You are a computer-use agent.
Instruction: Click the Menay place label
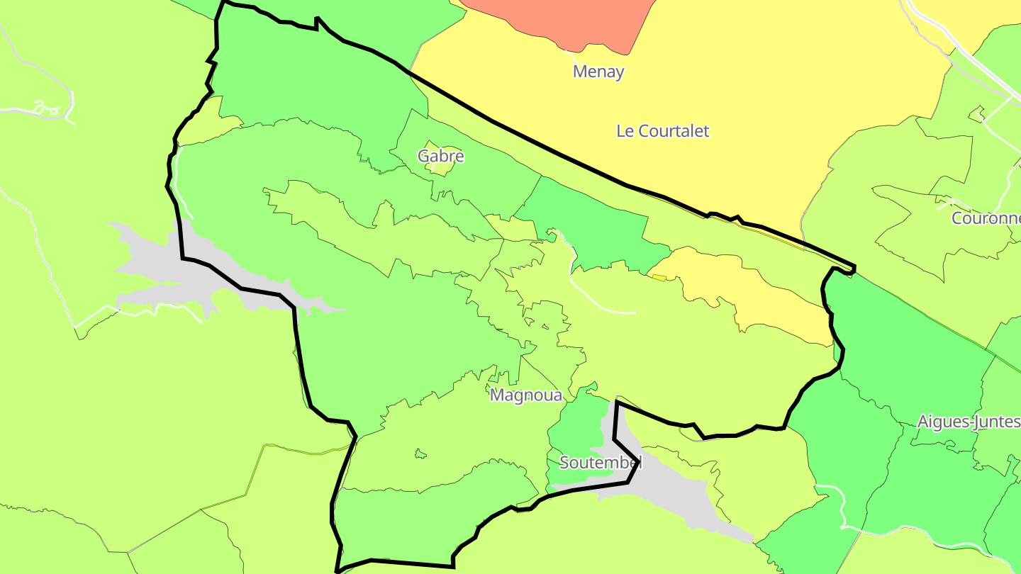(598, 72)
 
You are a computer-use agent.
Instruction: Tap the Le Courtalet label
(662, 131)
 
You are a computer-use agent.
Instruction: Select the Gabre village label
(440, 156)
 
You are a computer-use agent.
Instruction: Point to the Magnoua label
(525, 395)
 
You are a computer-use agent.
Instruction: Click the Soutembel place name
(601, 463)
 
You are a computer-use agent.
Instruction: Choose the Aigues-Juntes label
(969, 422)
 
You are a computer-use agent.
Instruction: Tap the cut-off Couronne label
(986, 218)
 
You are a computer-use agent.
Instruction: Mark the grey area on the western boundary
(170, 273)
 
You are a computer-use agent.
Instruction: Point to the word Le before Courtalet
(625, 131)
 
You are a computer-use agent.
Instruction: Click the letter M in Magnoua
(497, 395)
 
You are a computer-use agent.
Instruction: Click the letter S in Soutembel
(564, 463)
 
